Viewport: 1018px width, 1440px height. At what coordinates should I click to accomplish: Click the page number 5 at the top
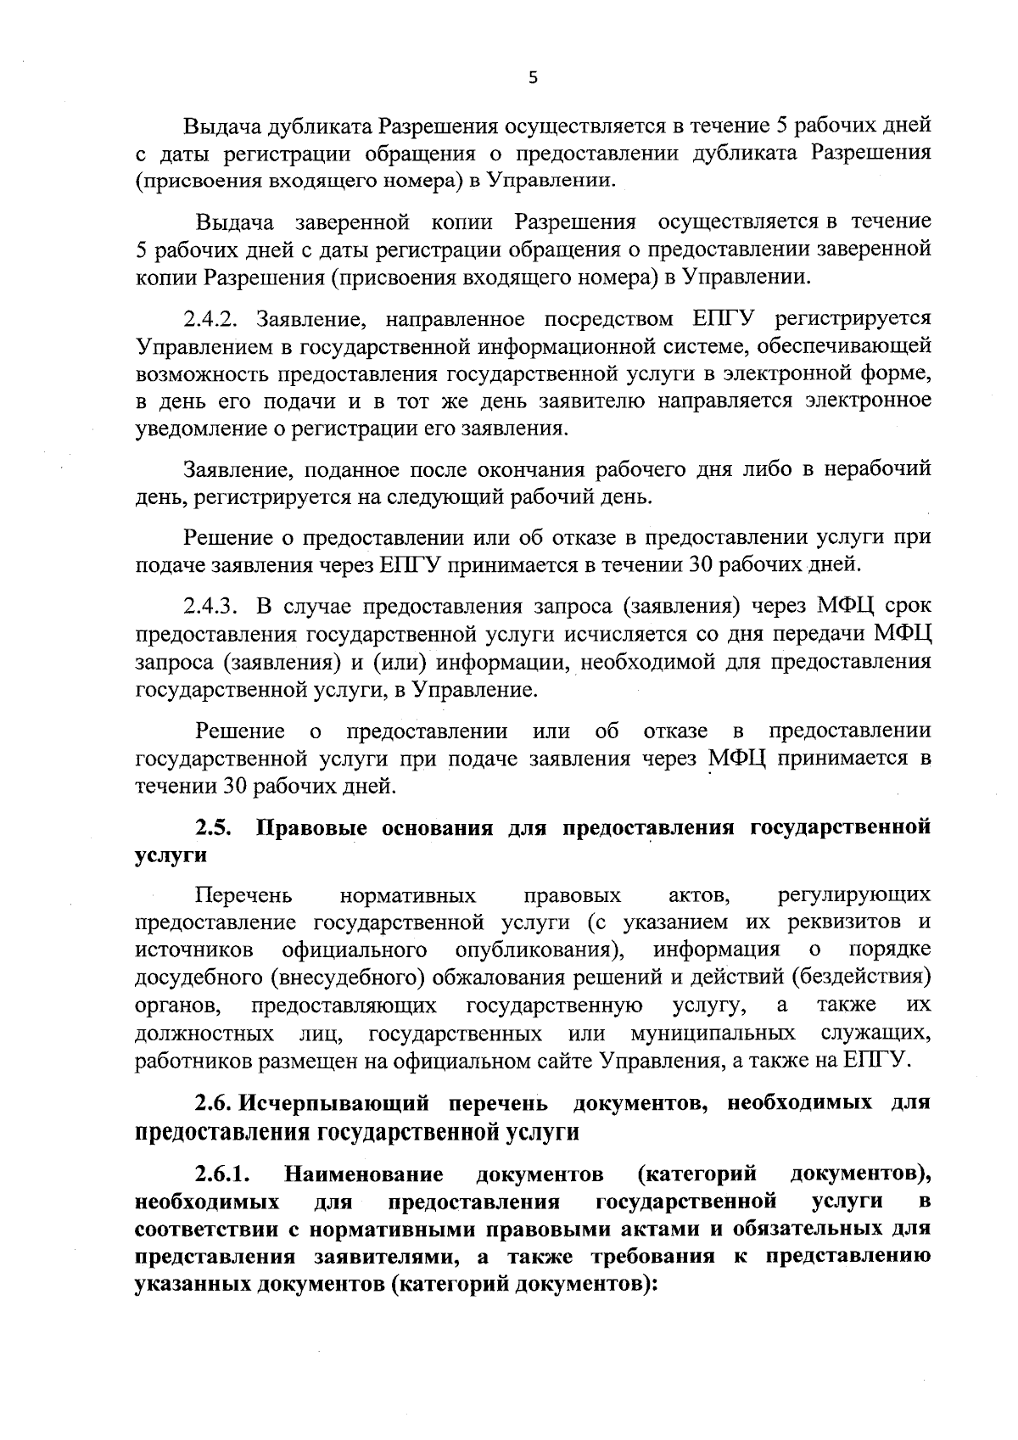pos(532,78)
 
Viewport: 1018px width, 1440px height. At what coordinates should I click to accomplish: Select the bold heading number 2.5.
pos(215,827)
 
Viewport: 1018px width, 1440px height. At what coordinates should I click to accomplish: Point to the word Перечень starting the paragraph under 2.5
pos(244,895)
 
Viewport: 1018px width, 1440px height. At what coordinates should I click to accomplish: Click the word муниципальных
pos(713,1034)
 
